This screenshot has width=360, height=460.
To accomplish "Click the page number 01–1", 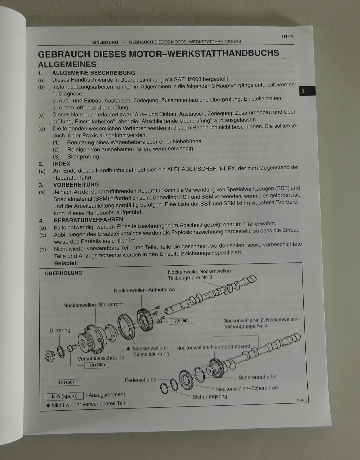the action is [x=288, y=37].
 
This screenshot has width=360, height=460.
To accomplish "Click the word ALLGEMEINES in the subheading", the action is [x=67, y=64].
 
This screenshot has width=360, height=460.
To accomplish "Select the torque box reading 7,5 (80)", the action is [x=182, y=321].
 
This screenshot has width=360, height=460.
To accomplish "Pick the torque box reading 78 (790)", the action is [x=97, y=365].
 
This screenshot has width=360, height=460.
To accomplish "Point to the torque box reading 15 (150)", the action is [x=66, y=382].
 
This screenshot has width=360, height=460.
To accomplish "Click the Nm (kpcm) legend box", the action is [x=64, y=396].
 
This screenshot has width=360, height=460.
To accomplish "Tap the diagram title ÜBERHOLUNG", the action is [x=64, y=273].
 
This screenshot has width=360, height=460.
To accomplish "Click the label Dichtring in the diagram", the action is [x=60, y=330].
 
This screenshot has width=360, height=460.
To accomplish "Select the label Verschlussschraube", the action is [x=101, y=358].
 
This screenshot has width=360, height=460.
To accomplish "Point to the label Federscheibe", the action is [x=141, y=380].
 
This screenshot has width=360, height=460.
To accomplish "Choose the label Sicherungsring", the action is [x=210, y=396].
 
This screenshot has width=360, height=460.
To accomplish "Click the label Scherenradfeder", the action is [x=258, y=377].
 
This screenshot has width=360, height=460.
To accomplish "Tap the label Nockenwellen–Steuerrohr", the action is [x=93, y=305].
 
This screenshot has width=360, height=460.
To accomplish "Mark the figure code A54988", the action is [x=302, y=400].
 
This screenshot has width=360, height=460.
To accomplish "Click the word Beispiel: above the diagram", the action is [x=66, y=263].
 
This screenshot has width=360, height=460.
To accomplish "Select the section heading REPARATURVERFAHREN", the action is [x=88, y=220].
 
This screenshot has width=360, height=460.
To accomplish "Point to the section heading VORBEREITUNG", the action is [x=76, y=185].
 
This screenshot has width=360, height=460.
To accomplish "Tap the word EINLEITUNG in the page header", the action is [x=105, y=42].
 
